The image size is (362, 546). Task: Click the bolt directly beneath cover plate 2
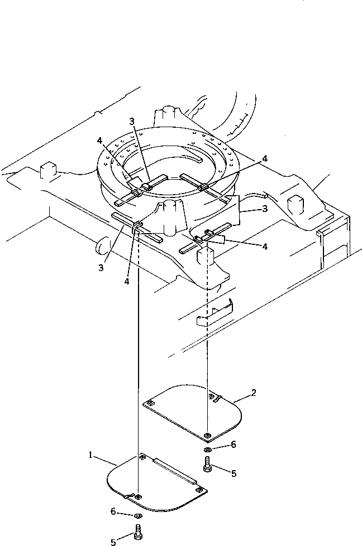[208, 464]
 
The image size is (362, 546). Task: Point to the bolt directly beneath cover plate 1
[138, 532]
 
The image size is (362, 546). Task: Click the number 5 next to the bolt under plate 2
[234, 473]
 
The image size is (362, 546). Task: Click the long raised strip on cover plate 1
[174, 470]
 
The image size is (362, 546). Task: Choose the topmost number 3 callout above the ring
[131, 121]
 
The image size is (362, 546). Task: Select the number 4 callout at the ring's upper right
[264, 158]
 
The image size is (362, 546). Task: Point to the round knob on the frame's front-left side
[100, 244]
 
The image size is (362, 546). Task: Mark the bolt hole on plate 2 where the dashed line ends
[207, 435]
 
